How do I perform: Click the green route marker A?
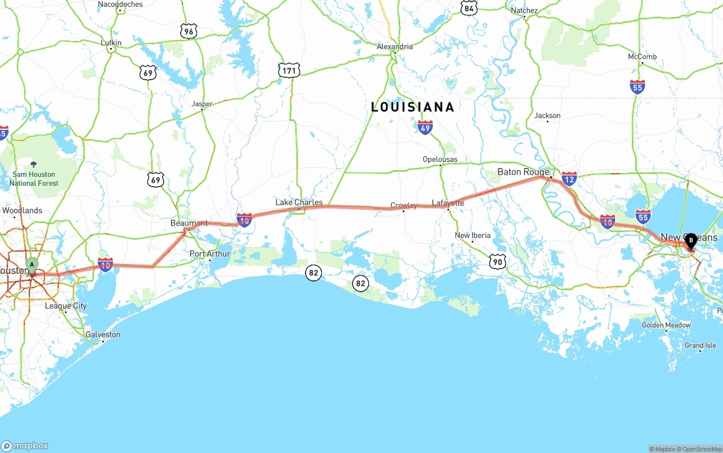click(x=32, y=265)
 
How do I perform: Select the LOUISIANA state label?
click(x=412, y=107)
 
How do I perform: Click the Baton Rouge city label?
click(x=523, y=172)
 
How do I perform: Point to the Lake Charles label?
click(x=299, y=203)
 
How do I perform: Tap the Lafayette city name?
click(x=448, y=203)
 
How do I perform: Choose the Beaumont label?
click(x=189, y=223)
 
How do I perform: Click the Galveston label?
click(x=103, y=335)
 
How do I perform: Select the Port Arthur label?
click(x=210, y=254)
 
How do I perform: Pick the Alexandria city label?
click(x=395, y=47)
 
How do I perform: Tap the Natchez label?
click(x=524, y=11)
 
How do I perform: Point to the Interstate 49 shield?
click(x=425, y=127)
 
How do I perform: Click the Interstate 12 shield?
click(x=569, y=179)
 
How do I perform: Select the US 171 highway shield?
click(x=289, y=71)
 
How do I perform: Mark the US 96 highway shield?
click(x=189, y=31)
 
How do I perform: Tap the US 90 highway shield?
click(x=497, y=261)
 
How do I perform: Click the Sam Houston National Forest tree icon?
click(x=33, y=164)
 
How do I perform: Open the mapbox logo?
click(x=25, y=446)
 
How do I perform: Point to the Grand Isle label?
click(x=700, y=345)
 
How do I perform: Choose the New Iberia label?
click(x=473, y=235)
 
